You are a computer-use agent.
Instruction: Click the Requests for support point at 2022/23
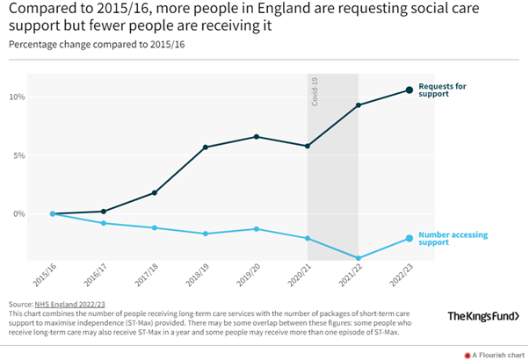click(x=409, y=90)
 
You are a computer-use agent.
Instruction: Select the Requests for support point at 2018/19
click(x=206, y=147)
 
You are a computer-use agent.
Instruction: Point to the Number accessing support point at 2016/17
click(x=104, y=223)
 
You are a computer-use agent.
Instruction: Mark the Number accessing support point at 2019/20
click(x=257, y=229)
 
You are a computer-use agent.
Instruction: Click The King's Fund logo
click(x=482, y=316)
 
